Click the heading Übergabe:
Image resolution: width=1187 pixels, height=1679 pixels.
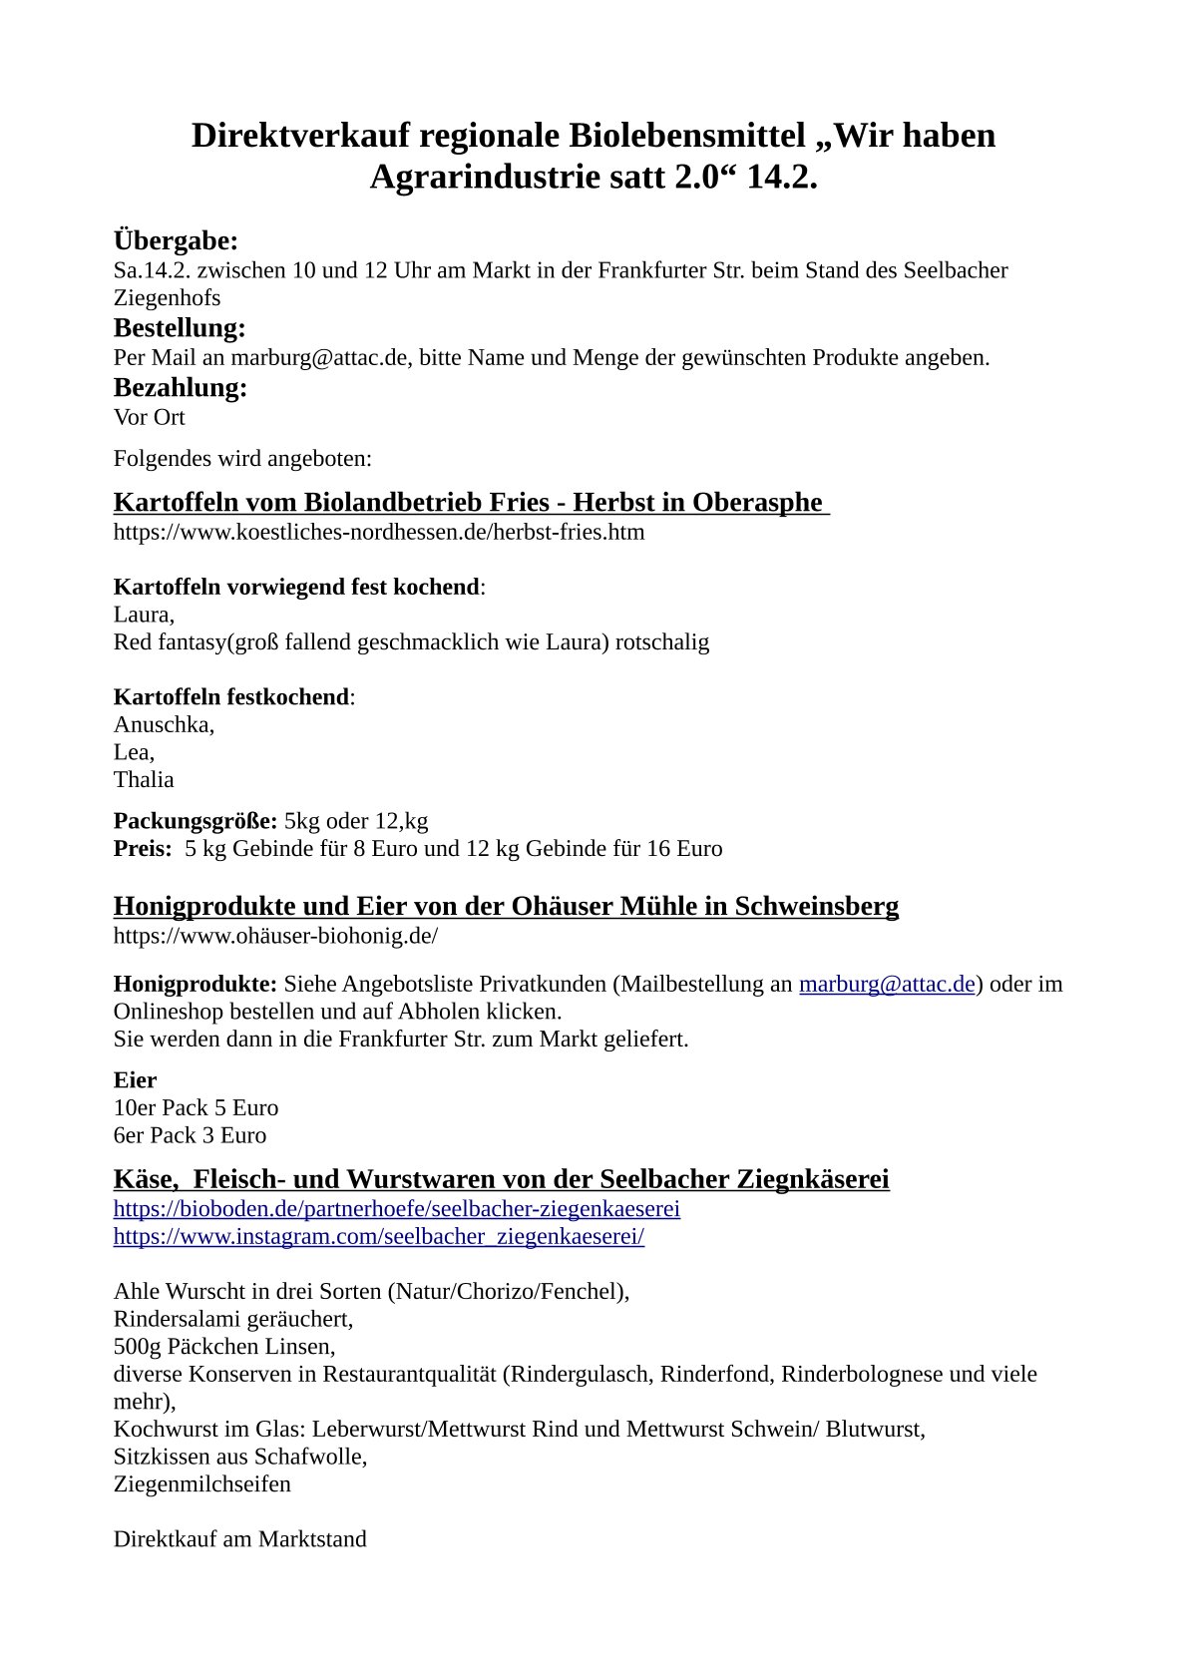[x=176, y=240]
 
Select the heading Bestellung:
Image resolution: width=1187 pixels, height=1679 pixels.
[x=180, y=327]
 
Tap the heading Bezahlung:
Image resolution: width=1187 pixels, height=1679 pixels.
[x=181, y=387]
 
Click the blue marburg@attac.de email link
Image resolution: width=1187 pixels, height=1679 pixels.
[x=887, y=984]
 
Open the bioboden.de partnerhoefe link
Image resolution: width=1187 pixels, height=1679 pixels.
[x=396, y=1209]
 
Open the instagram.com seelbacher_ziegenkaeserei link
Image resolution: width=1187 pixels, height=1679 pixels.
[x=378, y=1237]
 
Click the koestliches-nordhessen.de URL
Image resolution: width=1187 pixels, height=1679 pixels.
[x=378, y=532]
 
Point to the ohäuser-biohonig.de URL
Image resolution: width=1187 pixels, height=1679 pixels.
[x=275, y=936]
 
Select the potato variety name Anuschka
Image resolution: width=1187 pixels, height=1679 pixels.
[x=163, y=724]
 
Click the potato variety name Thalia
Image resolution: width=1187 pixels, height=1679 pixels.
[x=144, y=779]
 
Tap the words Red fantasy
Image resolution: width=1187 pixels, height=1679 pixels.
[x=171, y=641]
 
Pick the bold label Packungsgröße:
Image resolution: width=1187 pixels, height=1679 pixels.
[x=196, y=821]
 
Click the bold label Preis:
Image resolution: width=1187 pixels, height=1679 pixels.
[x=143, y=849]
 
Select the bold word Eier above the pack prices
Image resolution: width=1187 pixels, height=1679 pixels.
[x=135, y=1080]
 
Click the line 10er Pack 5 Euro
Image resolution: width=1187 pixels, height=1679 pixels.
[x=196, y=1107]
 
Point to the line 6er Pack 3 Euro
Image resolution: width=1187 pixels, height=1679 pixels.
[x=190, y=1135]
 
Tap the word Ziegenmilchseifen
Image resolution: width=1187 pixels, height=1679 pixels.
[x=202, y=1483]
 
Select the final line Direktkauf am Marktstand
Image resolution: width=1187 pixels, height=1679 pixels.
[x=239, y=1538]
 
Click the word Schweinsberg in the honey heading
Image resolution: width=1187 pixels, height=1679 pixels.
[x=817, y=906]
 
